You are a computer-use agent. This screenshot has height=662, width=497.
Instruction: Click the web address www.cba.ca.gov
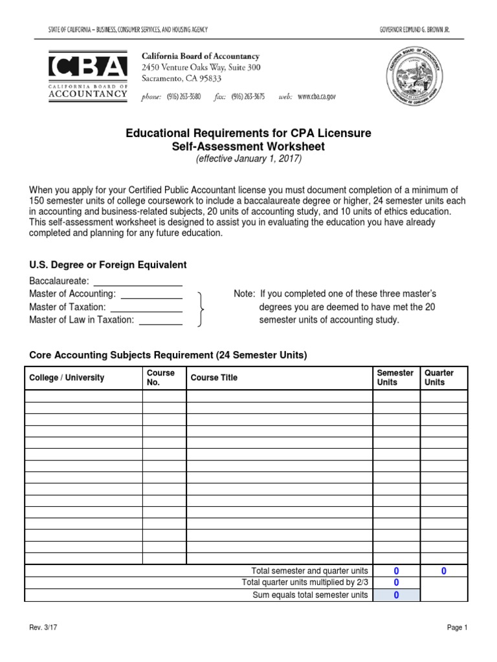(316, 96)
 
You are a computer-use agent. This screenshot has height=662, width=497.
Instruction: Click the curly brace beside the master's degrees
(202, 308)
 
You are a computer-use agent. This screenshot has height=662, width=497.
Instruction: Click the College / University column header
(66, 378)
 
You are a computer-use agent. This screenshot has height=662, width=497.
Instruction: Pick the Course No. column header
(161, 378)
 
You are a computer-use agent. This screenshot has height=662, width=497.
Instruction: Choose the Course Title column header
(214, 378)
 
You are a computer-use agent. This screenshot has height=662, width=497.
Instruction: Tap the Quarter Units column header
(439, 378)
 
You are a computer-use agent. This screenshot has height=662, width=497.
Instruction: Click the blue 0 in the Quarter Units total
(444, 571)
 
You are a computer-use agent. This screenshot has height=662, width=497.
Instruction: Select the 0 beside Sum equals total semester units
(396, 595)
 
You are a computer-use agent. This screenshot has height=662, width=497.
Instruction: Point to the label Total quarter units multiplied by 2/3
(305, 583)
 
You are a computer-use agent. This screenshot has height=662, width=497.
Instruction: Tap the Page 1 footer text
(456, 628)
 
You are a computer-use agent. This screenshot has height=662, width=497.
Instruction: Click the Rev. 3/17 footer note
(43, 628)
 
